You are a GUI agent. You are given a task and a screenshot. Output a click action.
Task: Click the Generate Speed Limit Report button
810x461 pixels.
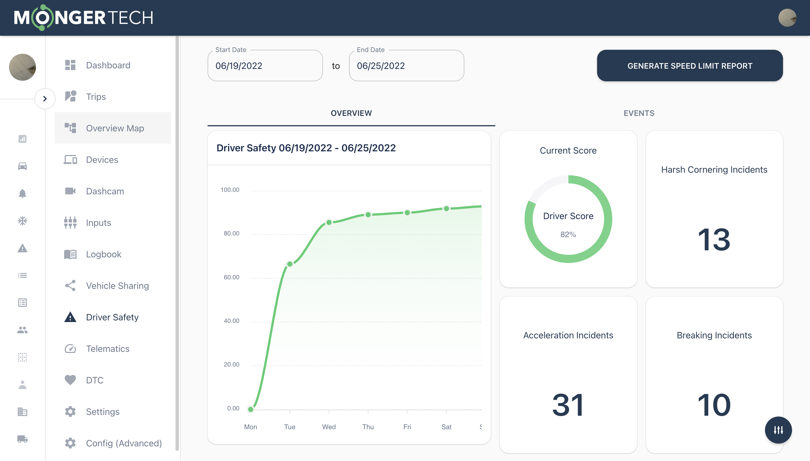pyautogui.click(x=689, y=66)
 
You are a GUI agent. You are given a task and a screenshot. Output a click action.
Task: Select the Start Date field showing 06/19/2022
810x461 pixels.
pyautogui.click(x=265, y=66)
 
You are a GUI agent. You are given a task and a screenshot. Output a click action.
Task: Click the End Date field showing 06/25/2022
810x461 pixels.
pyautogui.click(x=406, y=66)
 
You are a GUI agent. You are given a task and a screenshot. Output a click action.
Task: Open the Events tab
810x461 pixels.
pyautogui.click(x=639, y=113)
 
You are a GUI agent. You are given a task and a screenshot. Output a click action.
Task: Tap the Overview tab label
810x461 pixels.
pyautogui.click(x=351, y=113)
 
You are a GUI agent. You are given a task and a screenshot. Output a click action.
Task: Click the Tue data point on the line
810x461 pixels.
pyautogui.click(x=290, y=264)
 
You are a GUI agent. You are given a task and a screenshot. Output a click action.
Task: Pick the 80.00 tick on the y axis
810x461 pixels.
pyautogui.click(x=231, y=233)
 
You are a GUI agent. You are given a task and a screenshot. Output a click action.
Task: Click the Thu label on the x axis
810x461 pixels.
pyautogui.click(x=368, y=426)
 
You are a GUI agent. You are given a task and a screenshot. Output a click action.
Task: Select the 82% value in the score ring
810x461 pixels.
pyautogui.click(x=568, y=234)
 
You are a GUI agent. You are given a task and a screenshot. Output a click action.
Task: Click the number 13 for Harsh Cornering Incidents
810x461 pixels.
pyautogui.click(x=714, y=239)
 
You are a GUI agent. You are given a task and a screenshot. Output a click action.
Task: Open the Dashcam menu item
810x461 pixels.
pyautogui.click(x=105, y=191)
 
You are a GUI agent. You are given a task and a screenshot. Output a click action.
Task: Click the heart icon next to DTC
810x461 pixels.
pyautogui.click(x=70, y=380)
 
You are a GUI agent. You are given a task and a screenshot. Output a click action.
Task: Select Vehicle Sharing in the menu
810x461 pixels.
pyautogui.click(x=117, y=285)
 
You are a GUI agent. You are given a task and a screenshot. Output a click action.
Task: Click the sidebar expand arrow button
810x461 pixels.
pyautogui.click(x=45, y=99)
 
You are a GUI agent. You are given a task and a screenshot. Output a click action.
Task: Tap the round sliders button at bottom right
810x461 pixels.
pyautogui.click(x=778, y=430)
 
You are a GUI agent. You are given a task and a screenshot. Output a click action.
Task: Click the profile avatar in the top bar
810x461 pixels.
pyautogui.click(x=787, y=18)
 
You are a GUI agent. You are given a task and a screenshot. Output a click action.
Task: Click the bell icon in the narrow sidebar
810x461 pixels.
pyautogui.click(x=22, y=193)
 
